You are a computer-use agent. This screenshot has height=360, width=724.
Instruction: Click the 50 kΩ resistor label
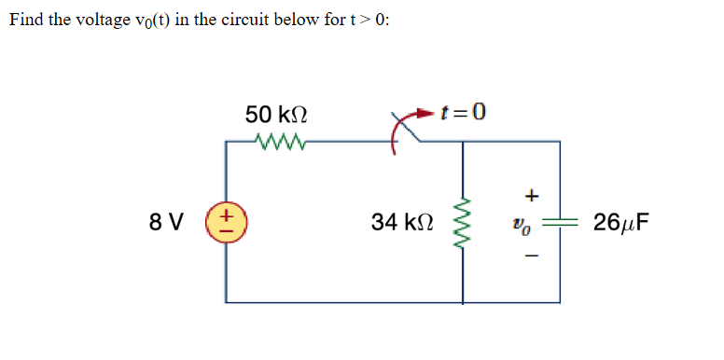click(278, 115)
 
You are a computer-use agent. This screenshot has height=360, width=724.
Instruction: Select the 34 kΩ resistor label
click(402, 222)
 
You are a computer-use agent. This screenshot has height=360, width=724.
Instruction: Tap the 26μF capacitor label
click(621, 222)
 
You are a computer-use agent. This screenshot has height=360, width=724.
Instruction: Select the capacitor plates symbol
click(560, 223)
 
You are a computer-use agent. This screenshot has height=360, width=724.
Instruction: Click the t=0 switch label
click(464, 113)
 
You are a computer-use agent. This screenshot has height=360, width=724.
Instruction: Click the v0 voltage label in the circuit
click(533, 225)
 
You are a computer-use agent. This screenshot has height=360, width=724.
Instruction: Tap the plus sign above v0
click(533, 196)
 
